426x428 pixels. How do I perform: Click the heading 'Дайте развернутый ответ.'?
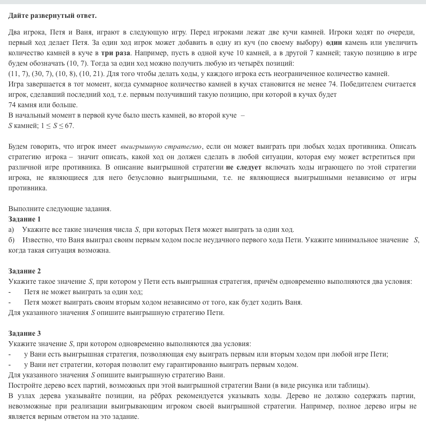[52, 16]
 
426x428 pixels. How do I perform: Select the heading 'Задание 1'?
[25, 219]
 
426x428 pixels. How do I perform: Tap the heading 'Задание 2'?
[25, 271]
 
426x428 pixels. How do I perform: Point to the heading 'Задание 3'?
[25, 333]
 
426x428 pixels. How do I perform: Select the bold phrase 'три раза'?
[116, 53]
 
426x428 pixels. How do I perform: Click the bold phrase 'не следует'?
[244, 167]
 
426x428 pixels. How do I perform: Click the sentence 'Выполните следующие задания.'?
[60, 209]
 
